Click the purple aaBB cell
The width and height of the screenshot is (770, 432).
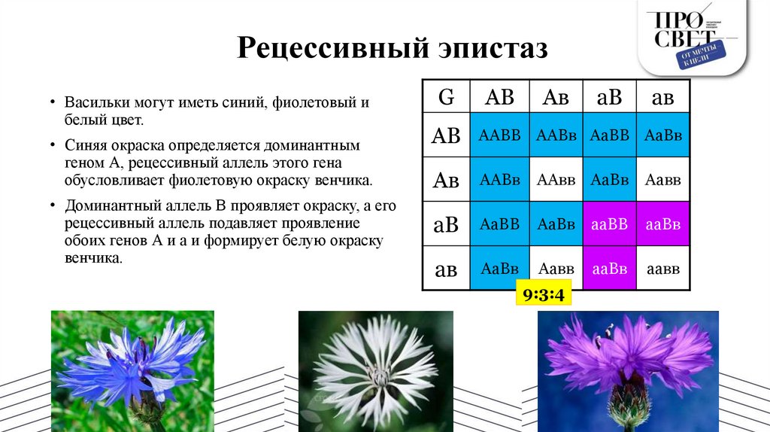(x=609, y=224)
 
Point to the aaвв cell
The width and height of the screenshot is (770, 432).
(x=663, y=268)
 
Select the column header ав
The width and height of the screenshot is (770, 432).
(x=662, y=96)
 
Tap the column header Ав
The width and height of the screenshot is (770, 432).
(x=556, y=96)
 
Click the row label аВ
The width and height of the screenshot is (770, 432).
(x=446, y=224)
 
